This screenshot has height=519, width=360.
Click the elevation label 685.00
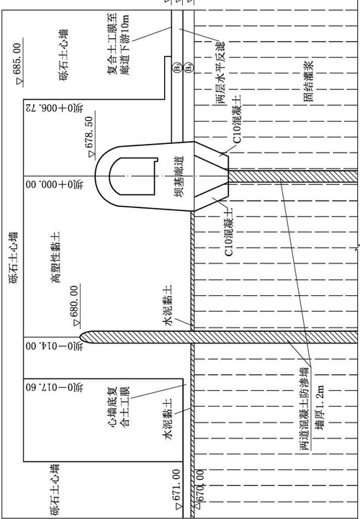pos(18,59)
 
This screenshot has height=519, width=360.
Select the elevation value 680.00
pos(75,302)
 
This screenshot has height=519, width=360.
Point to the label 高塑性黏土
pos(55,258)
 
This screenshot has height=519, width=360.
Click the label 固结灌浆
pos(308,81)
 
